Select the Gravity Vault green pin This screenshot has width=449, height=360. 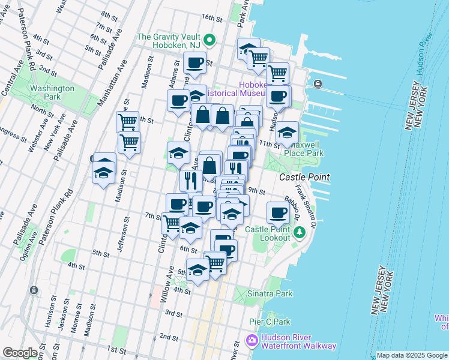[209, 41]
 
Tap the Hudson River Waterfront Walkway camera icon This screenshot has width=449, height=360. [252, 341]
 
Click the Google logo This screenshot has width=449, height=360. [20, 353]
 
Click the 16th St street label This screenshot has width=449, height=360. [212, 17]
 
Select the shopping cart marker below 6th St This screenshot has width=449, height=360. [215, 262]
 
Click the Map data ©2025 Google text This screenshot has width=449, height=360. [412, 355]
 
